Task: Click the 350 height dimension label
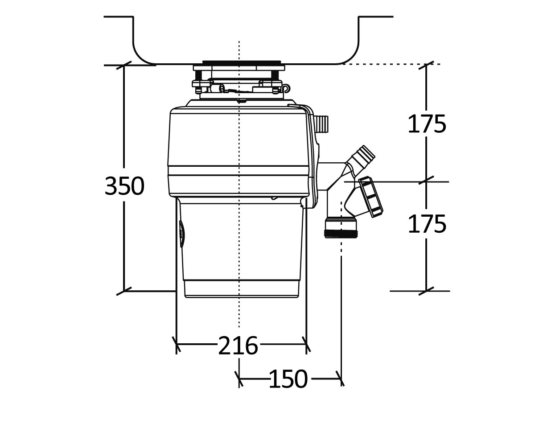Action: pos(124,186)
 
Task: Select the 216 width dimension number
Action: pos(238,346)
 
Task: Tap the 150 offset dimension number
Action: pos(288,379)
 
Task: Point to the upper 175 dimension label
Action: pos(427,124)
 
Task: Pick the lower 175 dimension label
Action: pos(427,224)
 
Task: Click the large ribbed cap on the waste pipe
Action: pos(371,197)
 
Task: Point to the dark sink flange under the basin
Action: pos(242,63)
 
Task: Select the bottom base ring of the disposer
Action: pos(242,289)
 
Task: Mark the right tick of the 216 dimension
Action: pos(306,344)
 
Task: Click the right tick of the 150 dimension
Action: pos(341,379)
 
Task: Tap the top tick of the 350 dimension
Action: pos(124,65)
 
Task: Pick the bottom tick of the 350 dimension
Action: pos(124,291)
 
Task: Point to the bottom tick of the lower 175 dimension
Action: pos(426,291)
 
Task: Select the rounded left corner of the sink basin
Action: pos(142,56)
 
